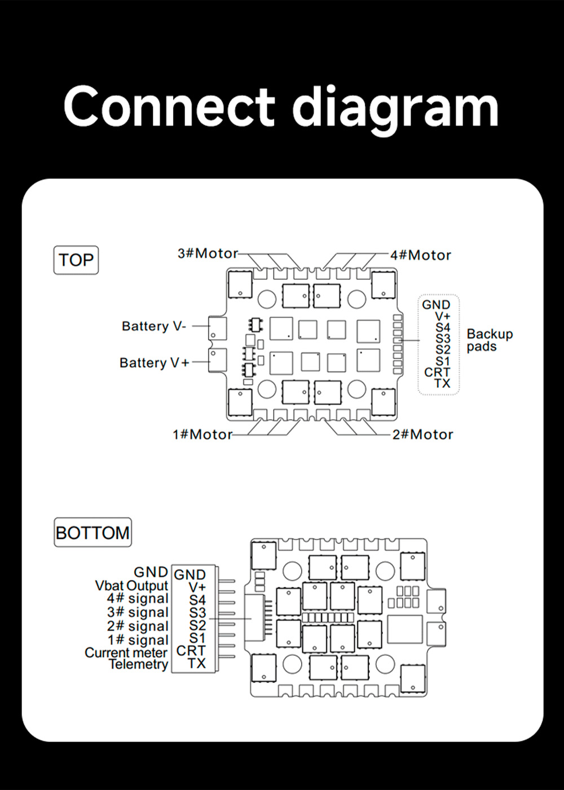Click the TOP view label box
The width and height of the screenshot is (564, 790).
coord(76,260)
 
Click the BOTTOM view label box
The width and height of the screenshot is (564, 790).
coord(92,533)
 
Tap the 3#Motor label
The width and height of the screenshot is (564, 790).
coord(208,253)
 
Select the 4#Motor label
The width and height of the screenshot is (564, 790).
coord(421,255)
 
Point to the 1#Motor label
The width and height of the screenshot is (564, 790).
coord(202,434)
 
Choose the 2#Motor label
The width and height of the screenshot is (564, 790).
coord(423,434)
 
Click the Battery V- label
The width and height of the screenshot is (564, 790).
coord(153,326)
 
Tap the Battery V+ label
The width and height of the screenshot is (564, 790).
coord(154,362)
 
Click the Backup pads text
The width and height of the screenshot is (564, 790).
coord(490,340)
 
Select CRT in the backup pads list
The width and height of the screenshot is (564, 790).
coord(437,372)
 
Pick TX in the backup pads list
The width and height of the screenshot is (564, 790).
coord(442,383)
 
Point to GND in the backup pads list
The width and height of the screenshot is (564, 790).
coord(436,305)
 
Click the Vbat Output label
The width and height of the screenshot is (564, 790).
coord(131,586)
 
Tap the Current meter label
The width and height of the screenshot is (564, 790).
coord(126,653)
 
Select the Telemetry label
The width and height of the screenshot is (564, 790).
coord(139,664)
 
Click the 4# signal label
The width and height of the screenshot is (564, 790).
coord(138,599)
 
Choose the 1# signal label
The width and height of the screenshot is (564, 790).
coord(138,640)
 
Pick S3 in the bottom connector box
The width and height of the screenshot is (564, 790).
coord(197,612)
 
